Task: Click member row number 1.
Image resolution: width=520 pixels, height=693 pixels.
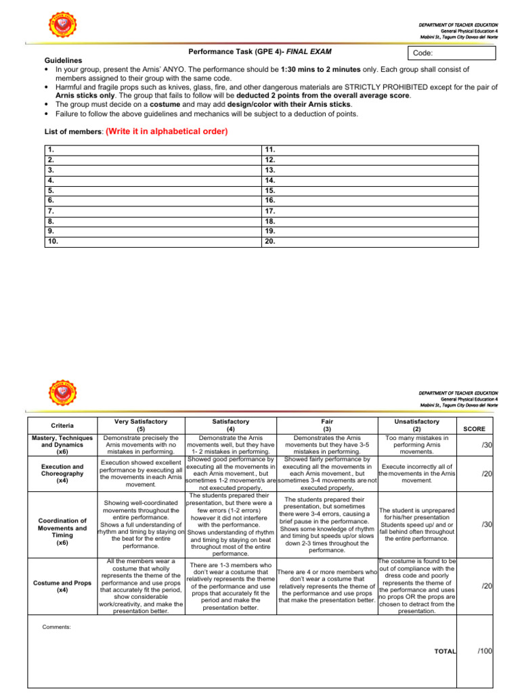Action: click(51, 148)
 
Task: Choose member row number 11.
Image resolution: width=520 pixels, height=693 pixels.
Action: click(270, 148)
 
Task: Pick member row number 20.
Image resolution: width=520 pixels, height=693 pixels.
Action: click(270, 240)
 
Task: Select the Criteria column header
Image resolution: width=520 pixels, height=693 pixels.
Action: click(62, 425)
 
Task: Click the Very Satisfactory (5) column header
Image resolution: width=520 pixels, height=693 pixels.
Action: click(141, 425)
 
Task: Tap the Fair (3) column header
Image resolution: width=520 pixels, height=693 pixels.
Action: click(326, 425)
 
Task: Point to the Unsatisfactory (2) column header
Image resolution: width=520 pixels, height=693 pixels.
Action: click(416, 425)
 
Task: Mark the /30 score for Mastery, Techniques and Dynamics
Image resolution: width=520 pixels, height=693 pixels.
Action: click(485, 444)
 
